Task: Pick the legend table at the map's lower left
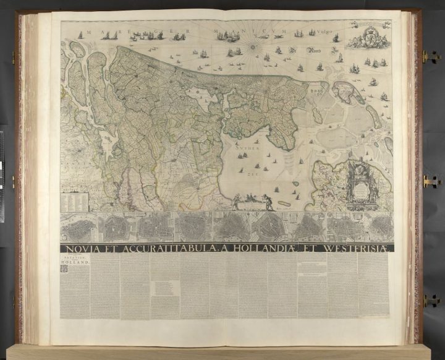[x=75, y=200]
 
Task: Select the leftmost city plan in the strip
[x=78, y=228]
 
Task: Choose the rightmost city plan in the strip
[x=378, y=227]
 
